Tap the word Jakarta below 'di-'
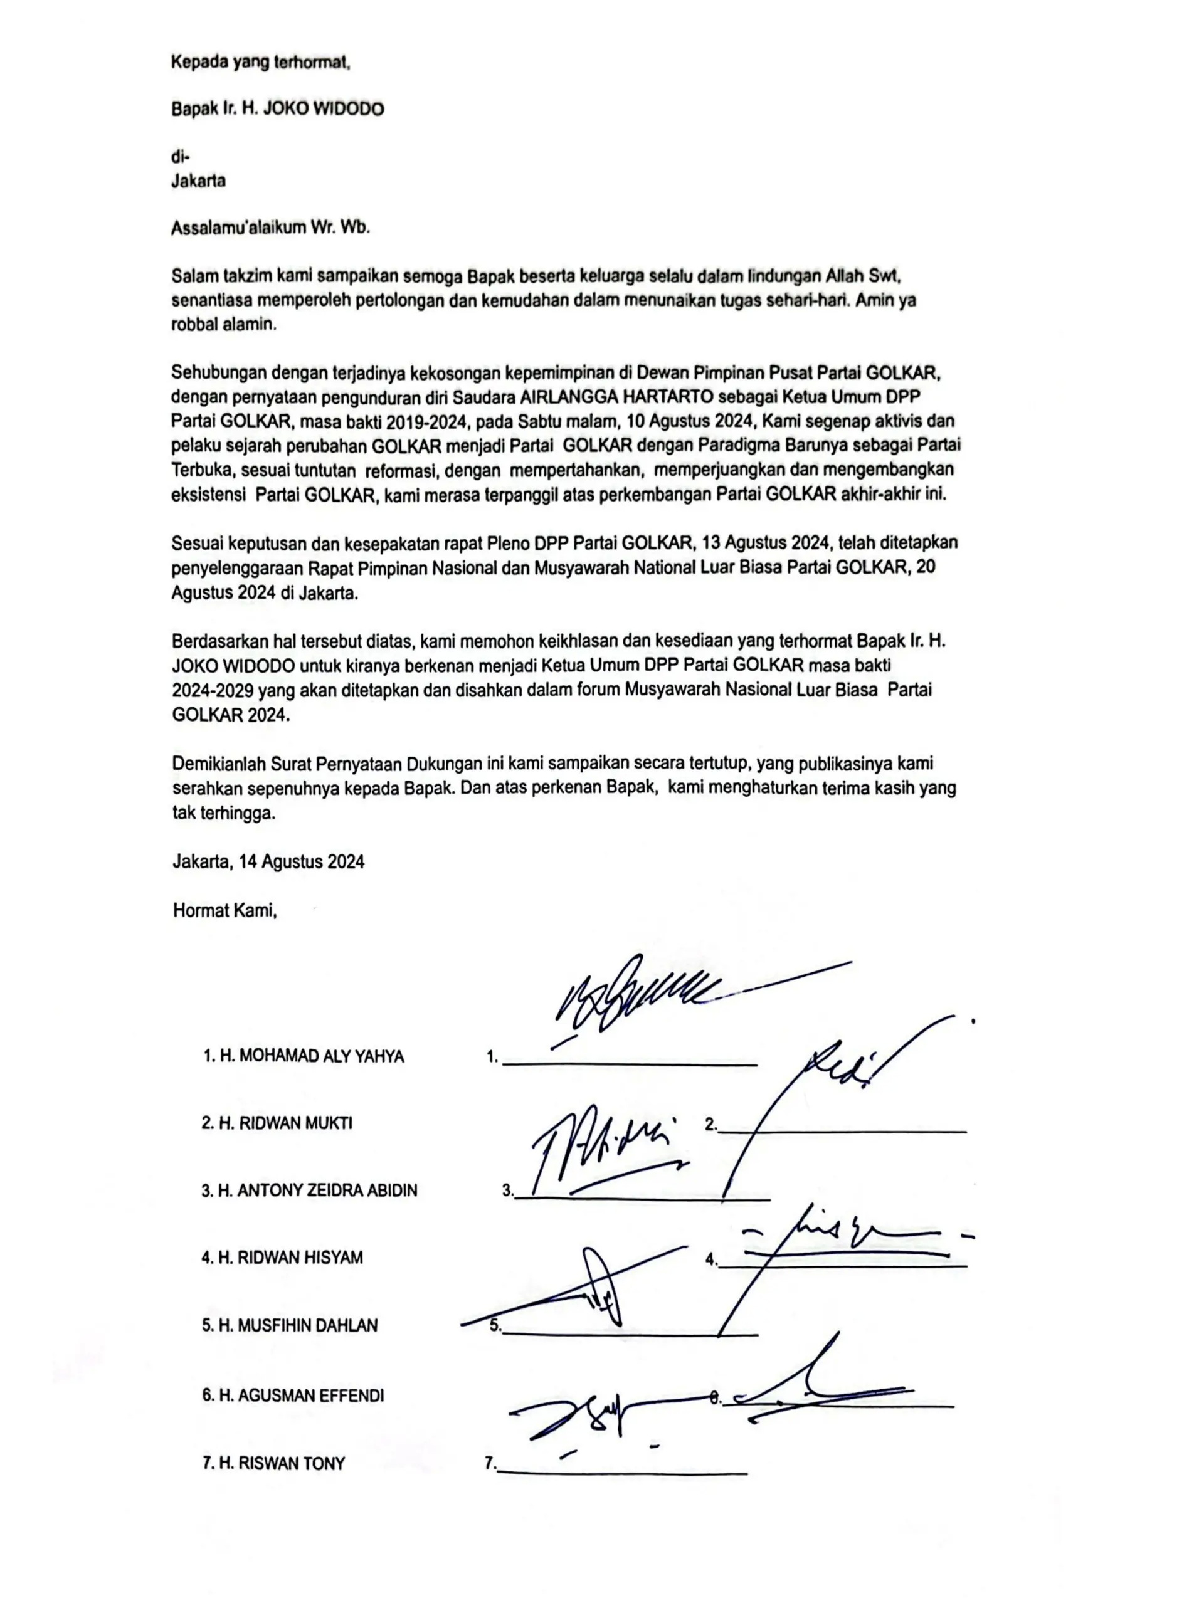pyautogui.click(x=198, y=181)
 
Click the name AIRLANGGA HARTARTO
pyautogui.click(x=616, y=397)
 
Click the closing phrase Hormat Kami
pyautogui.click(x=224, y=910)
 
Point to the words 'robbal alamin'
pyautogui.click(x=224, y=324)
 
